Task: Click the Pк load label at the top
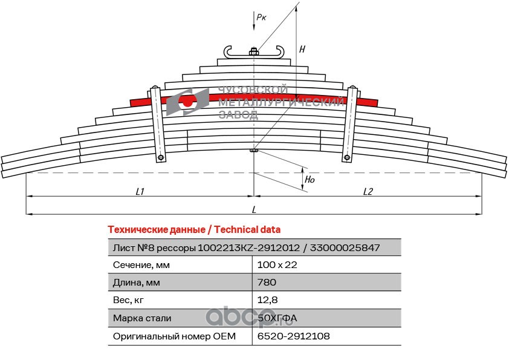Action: click(261, 18)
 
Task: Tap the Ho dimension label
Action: click(310, 180)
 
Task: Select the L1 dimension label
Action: click(140, 191)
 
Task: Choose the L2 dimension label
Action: click(368, 191)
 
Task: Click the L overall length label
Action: click(254, 209)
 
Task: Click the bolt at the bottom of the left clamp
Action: click(161, 159)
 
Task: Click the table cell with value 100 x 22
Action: click(278, 265)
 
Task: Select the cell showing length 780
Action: click(267, 283)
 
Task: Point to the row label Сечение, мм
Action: click(141, 265)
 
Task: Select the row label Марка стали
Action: click(142, 318)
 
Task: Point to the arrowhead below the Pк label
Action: click(254, 28)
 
